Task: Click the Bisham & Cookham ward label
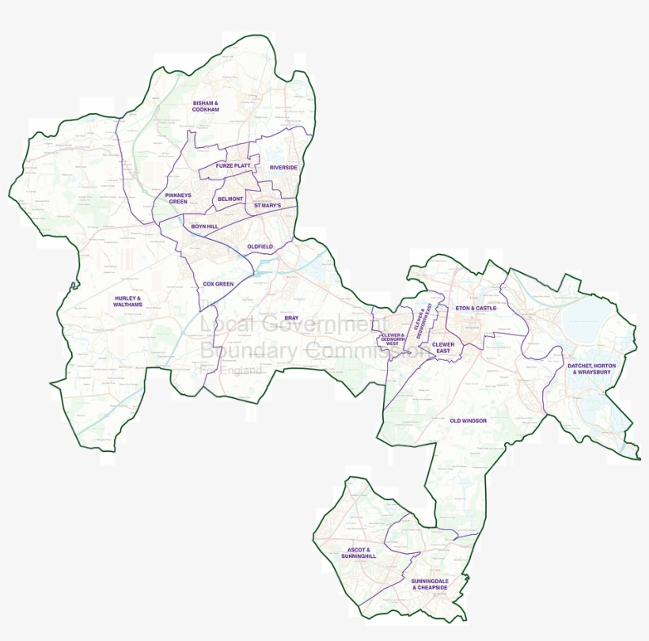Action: [x=205, y=106]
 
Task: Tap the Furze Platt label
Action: [x=233, y=165]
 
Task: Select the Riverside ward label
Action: [x=283, y=168]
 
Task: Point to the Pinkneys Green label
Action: [x=176, y=198]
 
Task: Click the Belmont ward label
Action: [x=230, y=199]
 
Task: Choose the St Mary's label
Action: [x=268, y=206]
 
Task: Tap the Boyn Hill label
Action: [x=204, y=226]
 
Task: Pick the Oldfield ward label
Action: [x=260, y=247]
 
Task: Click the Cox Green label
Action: [x=218, y=283]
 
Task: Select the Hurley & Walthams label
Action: [x=127, y=301]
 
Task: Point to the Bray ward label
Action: [x=291, y=317]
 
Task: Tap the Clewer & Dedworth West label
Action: [x=393, y=340]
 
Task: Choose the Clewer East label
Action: [x=443, y=347]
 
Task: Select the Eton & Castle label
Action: [x=476, y=308]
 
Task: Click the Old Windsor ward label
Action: [x=468, y=420]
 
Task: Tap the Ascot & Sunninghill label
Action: [x=362, y=552]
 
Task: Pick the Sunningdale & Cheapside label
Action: [x=430, y=584]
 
